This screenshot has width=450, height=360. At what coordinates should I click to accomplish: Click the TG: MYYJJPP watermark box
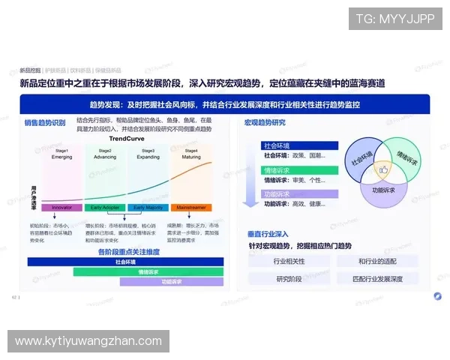395,19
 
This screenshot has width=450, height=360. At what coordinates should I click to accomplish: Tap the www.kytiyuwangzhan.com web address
88,341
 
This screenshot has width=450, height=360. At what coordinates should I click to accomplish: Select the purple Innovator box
61,207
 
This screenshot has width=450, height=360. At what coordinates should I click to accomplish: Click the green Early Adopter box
105,207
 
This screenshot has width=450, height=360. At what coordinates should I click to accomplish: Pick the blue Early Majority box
148,207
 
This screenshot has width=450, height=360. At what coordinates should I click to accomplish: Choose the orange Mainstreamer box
190,207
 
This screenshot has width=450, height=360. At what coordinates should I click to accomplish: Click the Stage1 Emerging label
62,154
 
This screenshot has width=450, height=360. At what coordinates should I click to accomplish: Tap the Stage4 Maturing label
191,154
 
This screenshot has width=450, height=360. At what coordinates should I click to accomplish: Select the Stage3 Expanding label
148,154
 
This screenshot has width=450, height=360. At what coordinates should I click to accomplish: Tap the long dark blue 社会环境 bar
126,262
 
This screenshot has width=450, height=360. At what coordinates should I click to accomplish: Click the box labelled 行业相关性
288,261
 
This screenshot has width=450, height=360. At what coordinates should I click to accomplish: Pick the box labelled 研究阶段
288,279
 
